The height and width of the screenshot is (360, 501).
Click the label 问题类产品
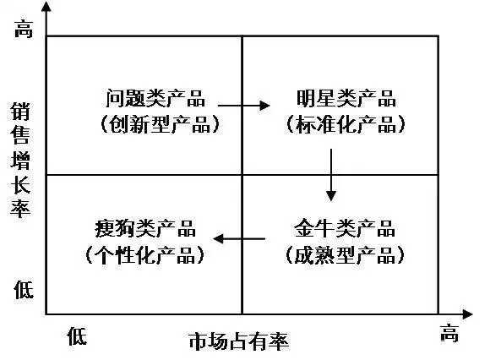point(156,99)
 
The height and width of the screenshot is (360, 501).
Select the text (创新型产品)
point(157,125)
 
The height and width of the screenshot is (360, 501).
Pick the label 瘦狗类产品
point(145,228)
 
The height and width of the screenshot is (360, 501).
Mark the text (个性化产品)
point(145,254)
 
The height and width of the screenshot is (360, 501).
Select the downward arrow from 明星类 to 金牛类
point(330,175)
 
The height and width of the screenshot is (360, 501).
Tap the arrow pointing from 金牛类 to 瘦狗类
point(242,239)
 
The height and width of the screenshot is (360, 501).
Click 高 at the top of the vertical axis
point(23,30)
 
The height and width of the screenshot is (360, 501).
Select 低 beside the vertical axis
point(23,290)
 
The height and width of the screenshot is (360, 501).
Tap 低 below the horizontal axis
point(77,335)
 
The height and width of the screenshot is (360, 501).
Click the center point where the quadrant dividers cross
point(242,174)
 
